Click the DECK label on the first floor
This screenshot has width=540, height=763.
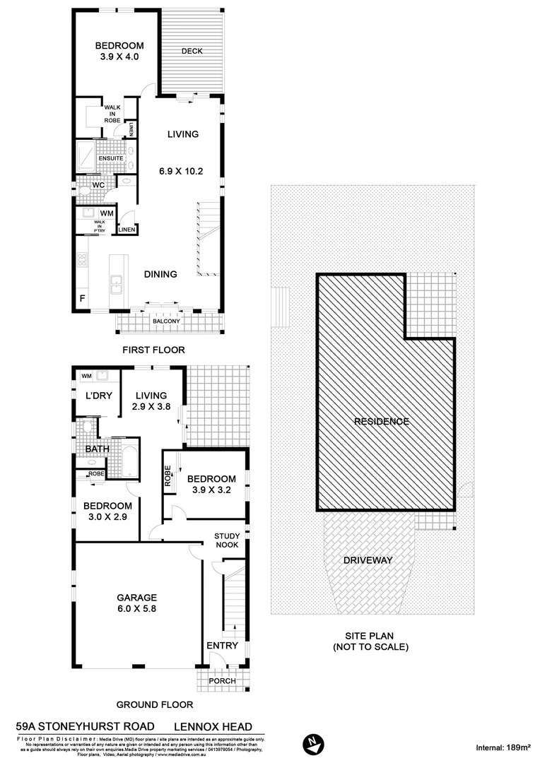click(192, 51)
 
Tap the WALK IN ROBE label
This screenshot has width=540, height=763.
click(112, 114)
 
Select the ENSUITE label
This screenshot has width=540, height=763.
click(111, 158)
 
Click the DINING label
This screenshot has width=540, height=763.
click(160, 274)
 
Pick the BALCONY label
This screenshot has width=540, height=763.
click(166, 322)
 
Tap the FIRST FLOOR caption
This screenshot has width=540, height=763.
click(153, 350)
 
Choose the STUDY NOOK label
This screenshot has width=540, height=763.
click(227, 540)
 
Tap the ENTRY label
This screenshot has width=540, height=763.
click(221, 646)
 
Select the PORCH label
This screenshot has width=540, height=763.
click(222, 681)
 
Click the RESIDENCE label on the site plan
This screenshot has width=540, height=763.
click(382, 422)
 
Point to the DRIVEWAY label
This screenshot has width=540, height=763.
click(368, 560)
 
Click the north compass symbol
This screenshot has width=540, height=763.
click(312, 744)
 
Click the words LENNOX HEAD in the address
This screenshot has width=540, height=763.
click(218, 726)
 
